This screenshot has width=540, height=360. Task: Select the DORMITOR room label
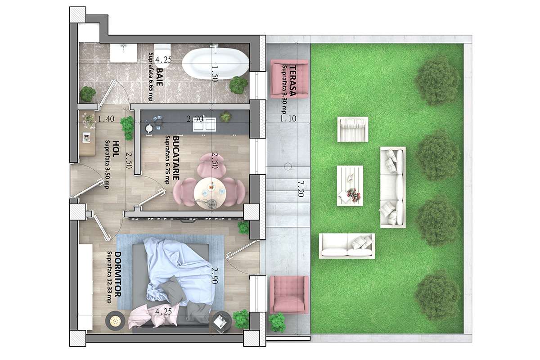[x=117, y=275]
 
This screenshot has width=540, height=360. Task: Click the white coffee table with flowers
[x=350, y=186]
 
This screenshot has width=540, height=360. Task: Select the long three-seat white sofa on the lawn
[x=392, y=187]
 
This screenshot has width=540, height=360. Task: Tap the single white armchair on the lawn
[x=353, y=130]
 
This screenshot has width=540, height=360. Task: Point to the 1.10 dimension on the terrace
[x=288, y=119]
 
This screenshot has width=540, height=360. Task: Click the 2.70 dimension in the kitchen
[x=194, y=119]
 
